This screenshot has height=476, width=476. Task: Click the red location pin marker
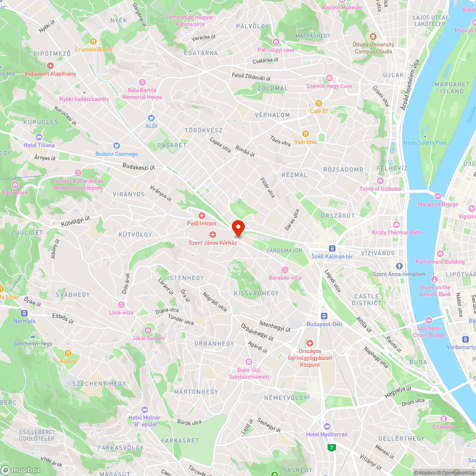(x=238, y=228)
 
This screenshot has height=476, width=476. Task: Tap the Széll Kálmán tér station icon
(x=332, y=248)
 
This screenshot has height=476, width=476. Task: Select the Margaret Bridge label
(x=437, y=204)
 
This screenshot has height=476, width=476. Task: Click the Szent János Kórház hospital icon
(x=213, y=235)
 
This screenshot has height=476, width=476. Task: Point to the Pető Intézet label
(x=201, y=223)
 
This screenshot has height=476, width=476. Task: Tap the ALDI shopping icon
(x=151, y=118)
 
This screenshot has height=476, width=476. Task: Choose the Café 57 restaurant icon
(x=319, y=103)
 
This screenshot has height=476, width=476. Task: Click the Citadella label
(x=443, y=426)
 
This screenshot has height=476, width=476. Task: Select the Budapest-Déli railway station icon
(x=324, y=316)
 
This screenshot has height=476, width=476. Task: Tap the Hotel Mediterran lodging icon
(x=327, y=426)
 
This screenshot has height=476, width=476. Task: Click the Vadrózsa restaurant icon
(x=305, y=134)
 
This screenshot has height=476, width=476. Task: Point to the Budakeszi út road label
(x=139, y=167)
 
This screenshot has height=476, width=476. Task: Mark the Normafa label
(x=24, y=321)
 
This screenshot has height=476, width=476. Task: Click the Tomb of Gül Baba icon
(x=380, y=181)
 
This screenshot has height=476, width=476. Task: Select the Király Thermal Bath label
(x=396, y=232)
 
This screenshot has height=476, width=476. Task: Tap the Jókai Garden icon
(x=148, y=330)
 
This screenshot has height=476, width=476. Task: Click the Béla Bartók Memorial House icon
(x=142, y=82)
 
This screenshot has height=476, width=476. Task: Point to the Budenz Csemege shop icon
(x=116, y=146)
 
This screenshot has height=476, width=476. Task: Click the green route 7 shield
(x=331, y=447)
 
